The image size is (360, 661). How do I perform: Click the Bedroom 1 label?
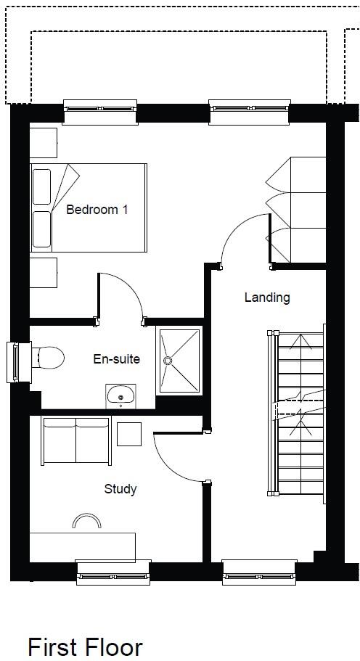[97, 210]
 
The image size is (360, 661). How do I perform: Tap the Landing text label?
[266, 297]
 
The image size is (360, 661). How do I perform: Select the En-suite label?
[116, 358]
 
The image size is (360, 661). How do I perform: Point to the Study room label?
[120, 488]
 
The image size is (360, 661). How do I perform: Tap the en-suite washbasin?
[120, 395]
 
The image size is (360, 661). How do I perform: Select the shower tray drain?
[168, 359]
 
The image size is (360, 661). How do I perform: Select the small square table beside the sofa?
[129, 434]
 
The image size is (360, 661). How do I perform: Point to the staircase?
[299, 417]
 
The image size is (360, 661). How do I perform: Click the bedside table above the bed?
[43, 142]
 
